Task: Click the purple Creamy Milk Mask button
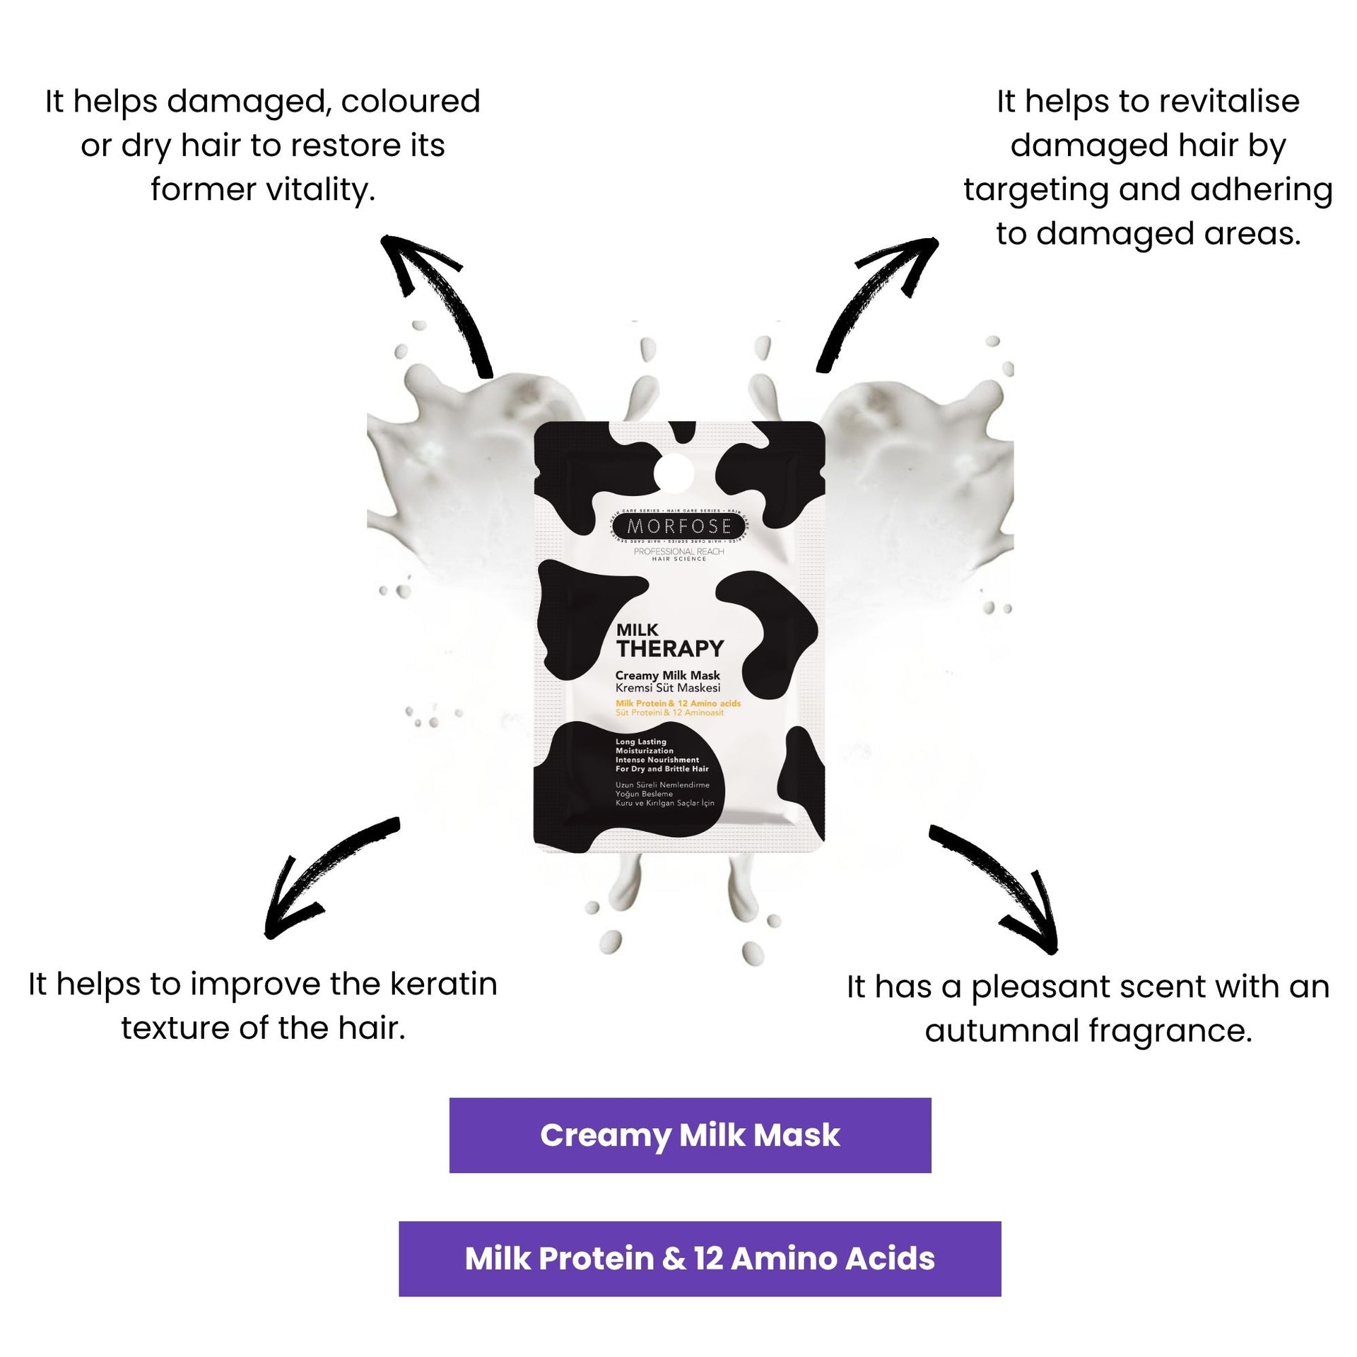[x=690, y=1135]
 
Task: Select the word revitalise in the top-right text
[x=1209, y=101]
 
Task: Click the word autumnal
[x=1001, y=1030]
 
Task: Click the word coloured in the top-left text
[x=410, y=101]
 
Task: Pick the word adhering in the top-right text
[x=1261, y=189]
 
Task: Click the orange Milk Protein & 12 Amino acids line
[x=678, y=703]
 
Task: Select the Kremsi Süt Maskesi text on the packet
[x=667, y=688]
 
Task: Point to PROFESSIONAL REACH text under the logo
[x=678, y=551]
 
